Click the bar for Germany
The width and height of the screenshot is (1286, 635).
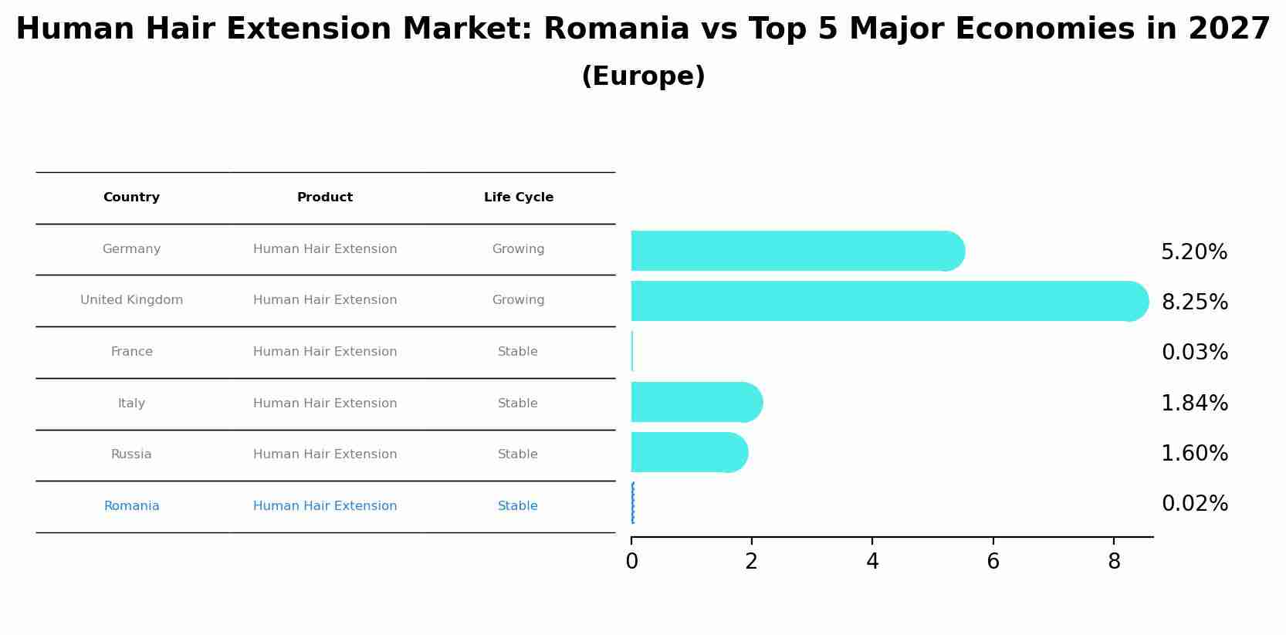795,251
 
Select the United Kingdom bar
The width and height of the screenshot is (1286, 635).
888,301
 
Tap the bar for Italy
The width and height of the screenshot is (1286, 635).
695,402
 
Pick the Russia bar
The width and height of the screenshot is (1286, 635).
687,452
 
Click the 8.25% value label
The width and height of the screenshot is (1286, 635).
1194,302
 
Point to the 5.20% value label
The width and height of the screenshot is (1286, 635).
1193,252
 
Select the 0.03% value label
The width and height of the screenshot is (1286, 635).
1194,353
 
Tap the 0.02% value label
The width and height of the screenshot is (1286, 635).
1194,504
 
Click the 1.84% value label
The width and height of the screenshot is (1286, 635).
1194,404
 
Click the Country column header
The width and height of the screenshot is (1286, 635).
131,198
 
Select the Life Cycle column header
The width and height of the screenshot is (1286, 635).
518,198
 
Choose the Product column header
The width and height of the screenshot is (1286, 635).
324,198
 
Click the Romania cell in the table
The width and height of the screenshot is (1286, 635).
131,506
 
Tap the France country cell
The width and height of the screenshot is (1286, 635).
131,352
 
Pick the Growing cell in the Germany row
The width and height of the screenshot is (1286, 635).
518,249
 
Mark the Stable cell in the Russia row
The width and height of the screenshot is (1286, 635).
517,454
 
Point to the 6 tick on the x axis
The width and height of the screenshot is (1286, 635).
993,562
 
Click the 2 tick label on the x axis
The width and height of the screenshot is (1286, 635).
751,562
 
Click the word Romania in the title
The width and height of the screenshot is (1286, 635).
616,29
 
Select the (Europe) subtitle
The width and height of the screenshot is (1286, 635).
643,76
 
